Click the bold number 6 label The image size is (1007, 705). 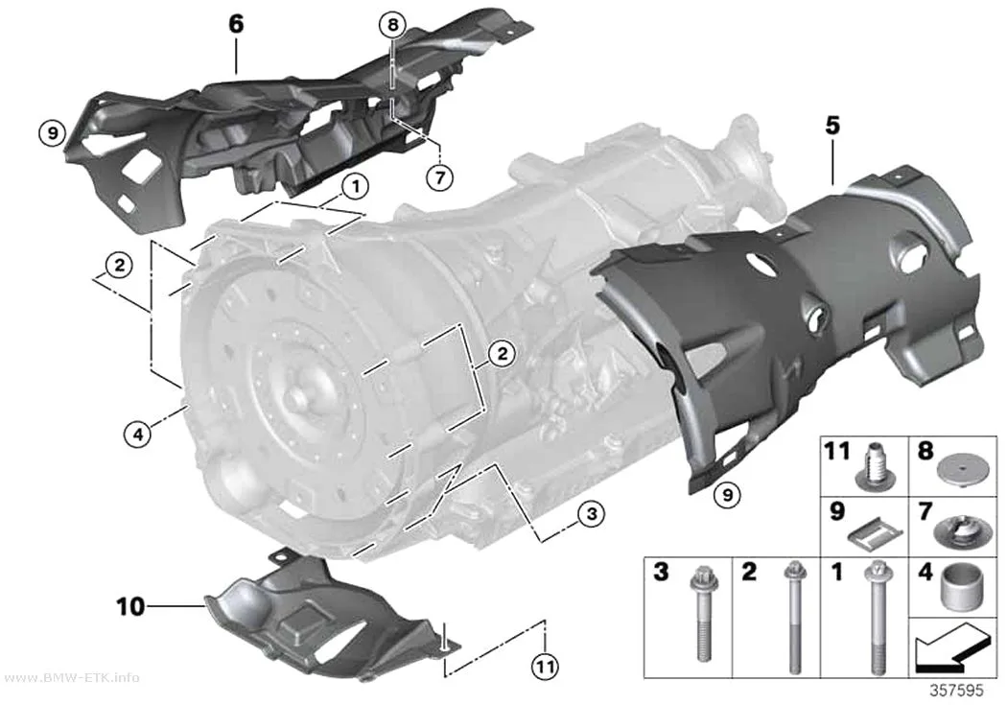[x=236, y=24]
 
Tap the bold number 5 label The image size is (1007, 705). [x=832, y=126]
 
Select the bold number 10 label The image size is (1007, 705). [x=130, y=606]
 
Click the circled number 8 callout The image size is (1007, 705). [x=392, y=25]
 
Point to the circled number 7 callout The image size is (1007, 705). [x=440, y=176]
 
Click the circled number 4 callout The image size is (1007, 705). [x=137, y=435]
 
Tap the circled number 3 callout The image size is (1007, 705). [x=591, y=514]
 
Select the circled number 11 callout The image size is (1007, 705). [x=545, y=667]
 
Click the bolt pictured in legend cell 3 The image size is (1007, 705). [x=702, y=614]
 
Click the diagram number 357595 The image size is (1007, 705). [x=957, y=691]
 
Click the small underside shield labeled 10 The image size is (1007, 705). [x=328, y=617]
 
